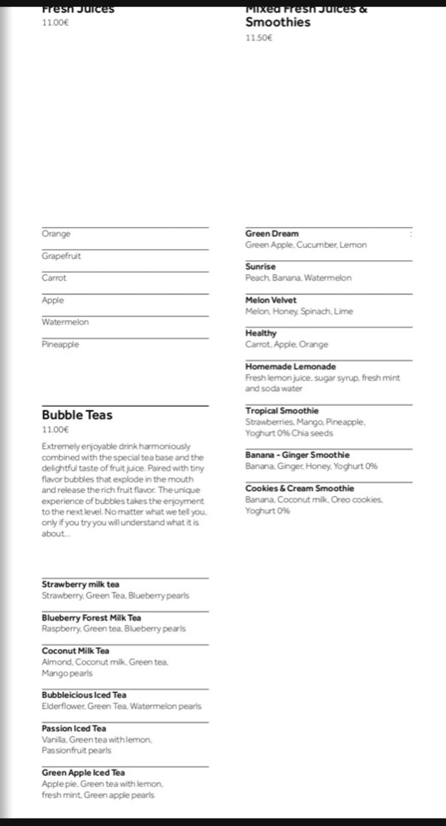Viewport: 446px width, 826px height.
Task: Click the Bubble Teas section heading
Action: (77, 415)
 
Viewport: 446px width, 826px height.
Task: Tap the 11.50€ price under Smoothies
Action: (259, 38)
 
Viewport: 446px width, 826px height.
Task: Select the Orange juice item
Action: (56, 234)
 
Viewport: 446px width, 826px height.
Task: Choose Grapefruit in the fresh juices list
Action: (61, 256)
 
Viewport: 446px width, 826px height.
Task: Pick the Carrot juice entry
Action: (54, 278)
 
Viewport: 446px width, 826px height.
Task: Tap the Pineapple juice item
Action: (60, 344)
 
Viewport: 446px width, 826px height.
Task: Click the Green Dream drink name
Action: (271, 234)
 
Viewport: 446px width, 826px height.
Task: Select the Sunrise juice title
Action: (260, 267)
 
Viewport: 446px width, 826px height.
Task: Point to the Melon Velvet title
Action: (270, 300)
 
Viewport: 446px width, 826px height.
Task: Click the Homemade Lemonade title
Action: (290, 367)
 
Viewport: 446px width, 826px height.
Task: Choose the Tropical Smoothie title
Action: (282, 410)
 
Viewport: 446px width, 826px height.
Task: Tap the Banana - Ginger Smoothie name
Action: (297, 455)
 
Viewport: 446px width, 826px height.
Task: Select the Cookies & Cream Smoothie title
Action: (299, 488)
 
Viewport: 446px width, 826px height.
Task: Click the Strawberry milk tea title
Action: (81, 584)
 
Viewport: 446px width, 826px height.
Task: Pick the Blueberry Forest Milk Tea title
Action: (91, 617)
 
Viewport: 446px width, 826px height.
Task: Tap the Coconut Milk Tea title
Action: (76, 651)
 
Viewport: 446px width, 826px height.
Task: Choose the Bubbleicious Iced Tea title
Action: (84, 695)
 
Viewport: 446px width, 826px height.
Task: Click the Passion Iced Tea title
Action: (74, 728)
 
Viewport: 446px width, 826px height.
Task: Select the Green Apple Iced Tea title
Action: (83, 772)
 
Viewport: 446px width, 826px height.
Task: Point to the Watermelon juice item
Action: (65, 322)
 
